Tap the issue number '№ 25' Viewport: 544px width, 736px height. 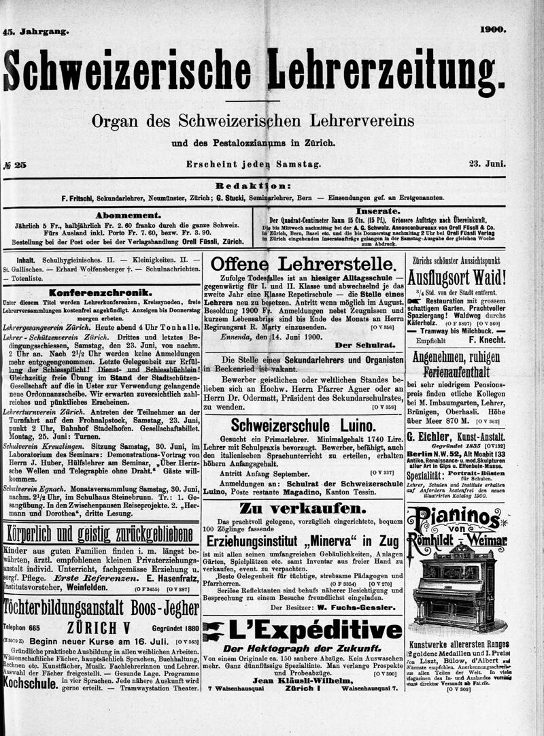coord(15,164)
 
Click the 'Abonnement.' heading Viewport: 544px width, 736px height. coord(128,215)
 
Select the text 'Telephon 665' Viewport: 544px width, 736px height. coord(22,628)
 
